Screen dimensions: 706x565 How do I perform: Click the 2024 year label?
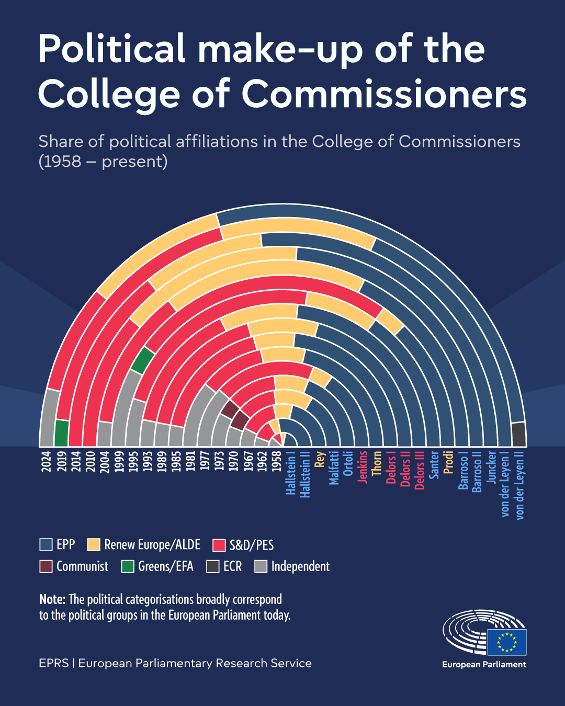[47, 461]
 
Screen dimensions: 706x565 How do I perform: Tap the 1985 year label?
[176, 461]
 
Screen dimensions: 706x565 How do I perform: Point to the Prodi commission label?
[448, 462]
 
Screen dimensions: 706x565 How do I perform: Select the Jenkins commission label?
[363, 467]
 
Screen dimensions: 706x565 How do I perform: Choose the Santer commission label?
[434, 465]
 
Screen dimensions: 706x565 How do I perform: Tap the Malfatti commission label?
[334, 468]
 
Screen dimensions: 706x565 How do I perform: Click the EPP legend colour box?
[46, 545]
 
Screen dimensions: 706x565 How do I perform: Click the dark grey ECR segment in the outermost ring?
[518, 434]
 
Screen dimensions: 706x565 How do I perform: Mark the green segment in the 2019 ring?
[62, 433]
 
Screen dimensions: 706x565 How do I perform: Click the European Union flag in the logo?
[506, 642]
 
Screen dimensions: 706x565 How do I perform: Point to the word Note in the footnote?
[52, 599]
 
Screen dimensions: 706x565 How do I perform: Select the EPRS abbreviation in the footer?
[54, 663]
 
